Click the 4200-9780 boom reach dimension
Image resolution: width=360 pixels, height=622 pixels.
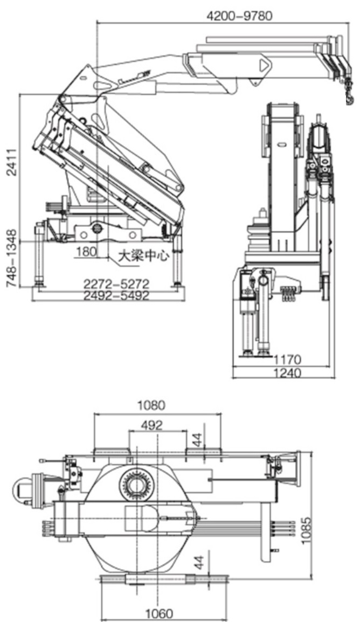(x=240, y=16)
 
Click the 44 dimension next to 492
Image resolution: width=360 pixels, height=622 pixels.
(x=199, y=440)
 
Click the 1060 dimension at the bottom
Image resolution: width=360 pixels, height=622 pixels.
(x=159, y=613)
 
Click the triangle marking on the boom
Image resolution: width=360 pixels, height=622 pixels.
(x=264, y=66)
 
